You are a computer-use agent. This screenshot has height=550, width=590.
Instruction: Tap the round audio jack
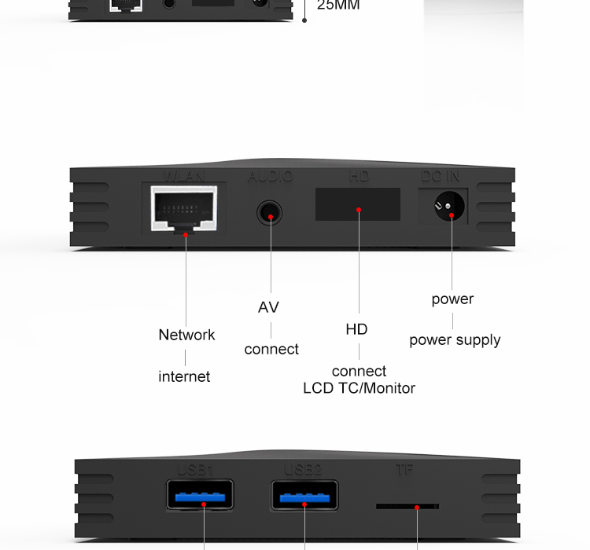coord(271,213)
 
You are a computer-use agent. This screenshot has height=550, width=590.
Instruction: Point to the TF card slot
coord(407,507)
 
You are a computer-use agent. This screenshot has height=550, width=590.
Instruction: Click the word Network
coord(186,335)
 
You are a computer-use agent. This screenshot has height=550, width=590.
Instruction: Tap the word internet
coord(184,376)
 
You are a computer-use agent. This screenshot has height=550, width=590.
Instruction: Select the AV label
coord(268,307)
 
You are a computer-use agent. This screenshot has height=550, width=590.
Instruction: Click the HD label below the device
coord(356,329)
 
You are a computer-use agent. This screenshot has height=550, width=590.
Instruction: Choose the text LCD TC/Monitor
coord(359,388)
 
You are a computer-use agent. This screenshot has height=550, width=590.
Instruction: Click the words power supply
coord(455,340)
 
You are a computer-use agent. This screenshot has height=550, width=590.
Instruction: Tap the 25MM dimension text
coord(338,5)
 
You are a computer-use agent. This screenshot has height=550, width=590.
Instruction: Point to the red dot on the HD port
coord(358,210)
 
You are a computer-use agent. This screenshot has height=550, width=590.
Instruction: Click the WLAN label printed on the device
coord(184,176)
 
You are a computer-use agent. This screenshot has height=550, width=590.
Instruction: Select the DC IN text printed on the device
coord(441,176)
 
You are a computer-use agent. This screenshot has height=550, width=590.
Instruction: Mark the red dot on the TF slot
coord(418,508)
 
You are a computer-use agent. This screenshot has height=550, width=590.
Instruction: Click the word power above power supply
coord(452,299)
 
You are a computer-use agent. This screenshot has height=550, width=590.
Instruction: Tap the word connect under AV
coord(271,349)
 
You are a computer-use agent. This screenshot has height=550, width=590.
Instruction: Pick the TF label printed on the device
coord(404,471)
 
